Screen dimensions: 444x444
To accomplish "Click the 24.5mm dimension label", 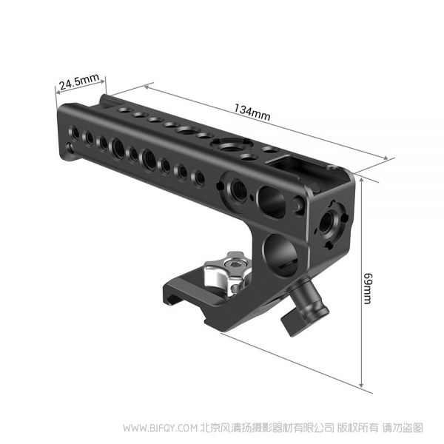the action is (x=79, y=81).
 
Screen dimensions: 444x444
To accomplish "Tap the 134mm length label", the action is (x=252, y=112).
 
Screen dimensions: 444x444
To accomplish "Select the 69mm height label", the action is (x=368, y=289).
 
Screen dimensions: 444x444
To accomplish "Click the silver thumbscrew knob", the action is (x=228, y=272).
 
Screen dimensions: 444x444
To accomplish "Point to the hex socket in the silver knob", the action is (x=234, y=264).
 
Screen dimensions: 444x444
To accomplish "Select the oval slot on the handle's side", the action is (x=272, y=201).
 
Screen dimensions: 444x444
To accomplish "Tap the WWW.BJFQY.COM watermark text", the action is (x=160, y=428).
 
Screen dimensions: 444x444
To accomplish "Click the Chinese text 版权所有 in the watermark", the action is (x=358, y=428).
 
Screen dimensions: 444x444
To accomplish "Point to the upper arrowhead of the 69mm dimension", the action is (x=361, y=180).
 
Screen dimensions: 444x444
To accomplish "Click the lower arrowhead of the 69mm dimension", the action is (x=361, y=385).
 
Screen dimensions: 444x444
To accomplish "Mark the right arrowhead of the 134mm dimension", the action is (x=385, y=158).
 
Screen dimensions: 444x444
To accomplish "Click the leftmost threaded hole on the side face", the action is (x=75, y=132).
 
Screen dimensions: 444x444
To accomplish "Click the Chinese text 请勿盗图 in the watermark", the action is (x=403, y=428).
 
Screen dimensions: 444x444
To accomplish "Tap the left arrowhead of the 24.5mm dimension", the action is (x=58, y=92).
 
